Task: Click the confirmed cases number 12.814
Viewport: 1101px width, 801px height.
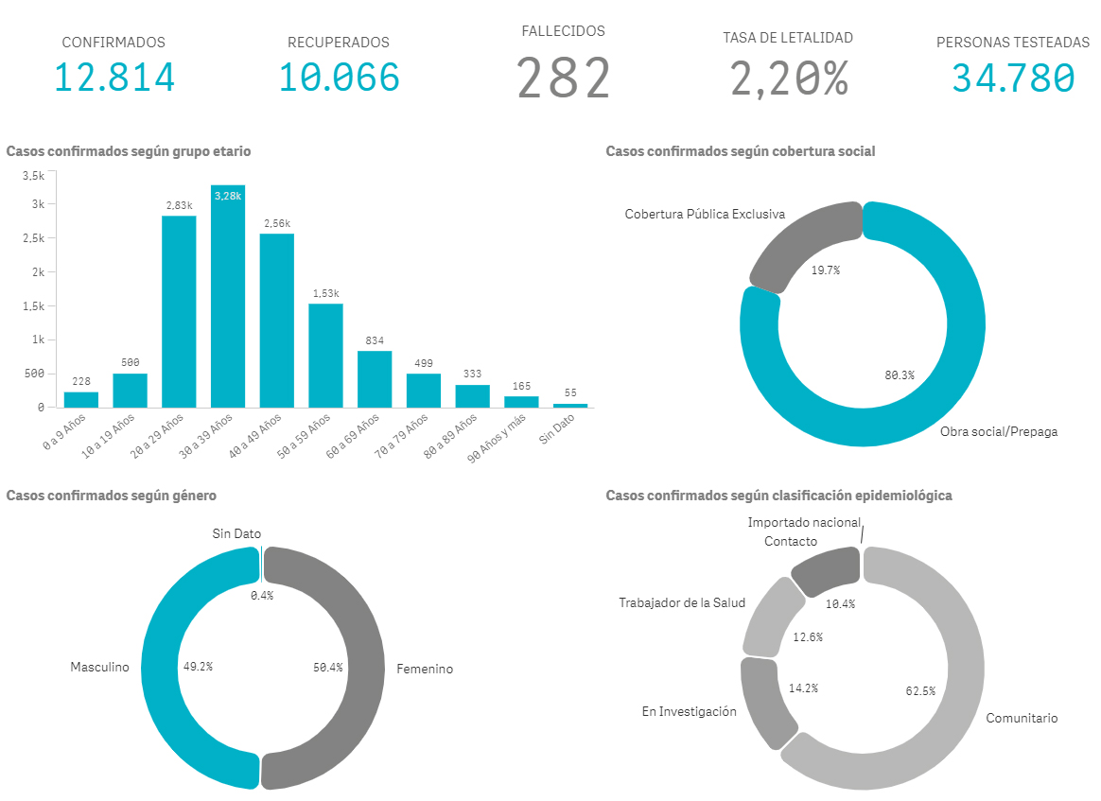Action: pos(114,78)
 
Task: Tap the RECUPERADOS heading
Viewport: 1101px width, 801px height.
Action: pos(338,43)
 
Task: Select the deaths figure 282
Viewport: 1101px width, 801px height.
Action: pos(564,78)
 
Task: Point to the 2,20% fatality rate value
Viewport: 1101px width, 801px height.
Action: pos(788,78)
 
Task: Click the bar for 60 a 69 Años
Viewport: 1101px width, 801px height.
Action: pos(375,378)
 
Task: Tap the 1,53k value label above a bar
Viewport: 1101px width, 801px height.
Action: pos(325,293)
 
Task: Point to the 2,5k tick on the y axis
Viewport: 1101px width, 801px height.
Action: pos(33,238)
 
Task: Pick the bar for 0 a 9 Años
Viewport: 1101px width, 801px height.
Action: pos(81,399)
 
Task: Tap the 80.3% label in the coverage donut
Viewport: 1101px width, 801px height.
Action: pos(900,375)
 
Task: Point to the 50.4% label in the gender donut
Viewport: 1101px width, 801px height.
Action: pos(328,667)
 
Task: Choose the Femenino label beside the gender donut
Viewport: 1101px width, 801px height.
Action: pos(425,670)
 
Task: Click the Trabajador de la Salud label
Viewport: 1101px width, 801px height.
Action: pos(682,602)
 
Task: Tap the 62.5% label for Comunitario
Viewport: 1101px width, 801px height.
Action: pos(920,691)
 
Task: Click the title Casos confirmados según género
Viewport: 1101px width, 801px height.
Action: pos(112,496)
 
